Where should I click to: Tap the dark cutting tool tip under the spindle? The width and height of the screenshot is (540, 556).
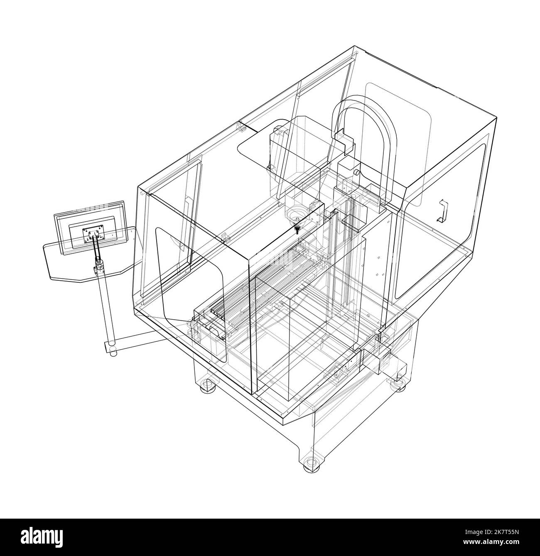(x=297, y=229)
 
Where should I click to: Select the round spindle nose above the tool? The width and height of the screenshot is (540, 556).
(x=295, y=216)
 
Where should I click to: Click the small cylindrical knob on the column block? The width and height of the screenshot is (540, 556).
(x=356, y=171)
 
